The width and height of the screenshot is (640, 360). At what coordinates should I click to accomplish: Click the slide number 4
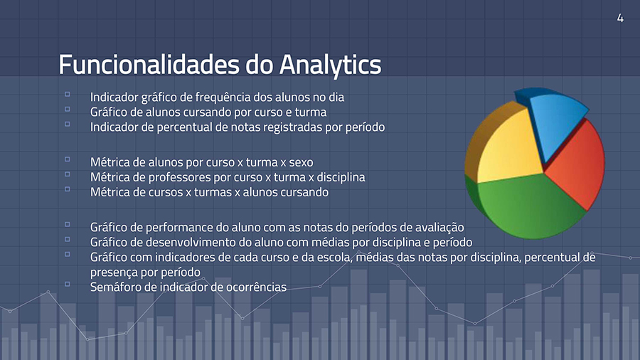620,18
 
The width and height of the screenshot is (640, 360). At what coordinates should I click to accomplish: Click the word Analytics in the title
330,65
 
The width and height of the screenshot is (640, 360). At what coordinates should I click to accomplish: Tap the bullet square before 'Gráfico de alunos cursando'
68,109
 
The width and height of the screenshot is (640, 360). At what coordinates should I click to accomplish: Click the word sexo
302,162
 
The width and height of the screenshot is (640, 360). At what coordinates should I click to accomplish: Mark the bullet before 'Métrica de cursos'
68,189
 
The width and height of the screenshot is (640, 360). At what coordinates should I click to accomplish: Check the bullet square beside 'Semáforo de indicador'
68,284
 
